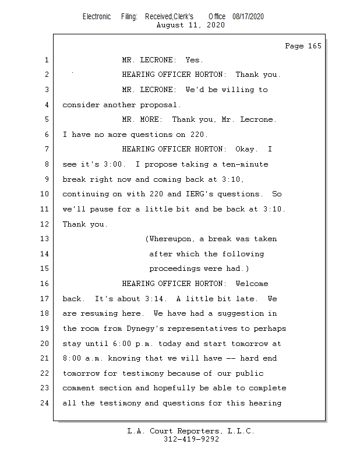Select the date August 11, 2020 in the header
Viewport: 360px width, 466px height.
(x=190, y=25)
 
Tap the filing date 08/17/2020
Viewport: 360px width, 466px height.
(x=248, y=16)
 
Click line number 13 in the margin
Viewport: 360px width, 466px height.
(x=45, y=239)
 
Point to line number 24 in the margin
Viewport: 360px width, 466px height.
(x=45, y=403)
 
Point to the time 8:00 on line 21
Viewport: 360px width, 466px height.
(x=74, y=358)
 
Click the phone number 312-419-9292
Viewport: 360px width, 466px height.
(x=191, y=439)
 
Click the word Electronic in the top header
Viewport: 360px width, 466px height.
(x=97, y=16)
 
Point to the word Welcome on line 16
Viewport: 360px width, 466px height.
(x=252, y=284)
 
